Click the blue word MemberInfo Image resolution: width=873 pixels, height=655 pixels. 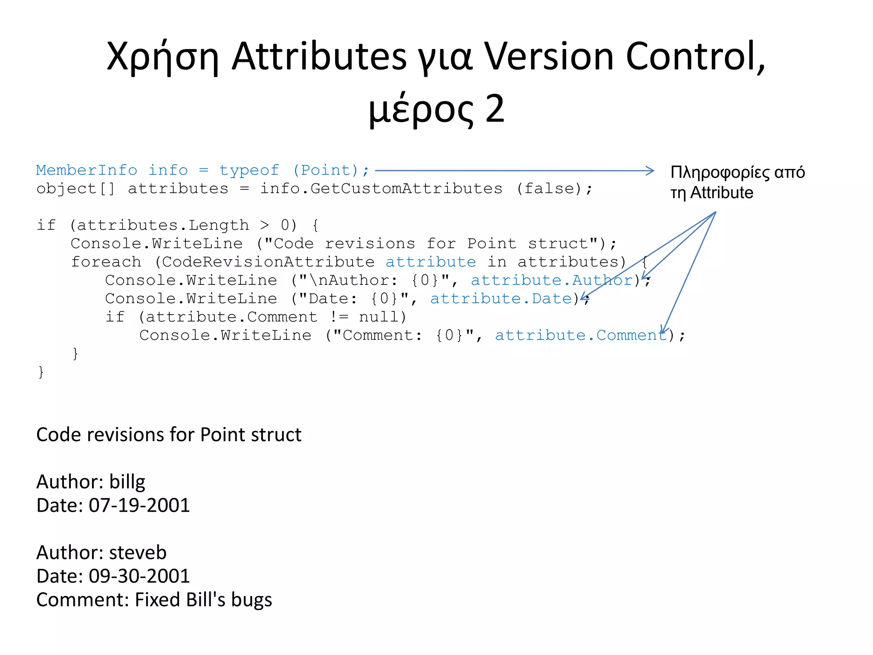[x=87, y=170]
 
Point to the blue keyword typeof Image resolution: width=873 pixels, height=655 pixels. [x=249, y=170]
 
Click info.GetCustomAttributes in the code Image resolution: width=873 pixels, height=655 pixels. [x=381, y=188]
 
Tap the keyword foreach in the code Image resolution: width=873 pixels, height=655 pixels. [x=106, y=262]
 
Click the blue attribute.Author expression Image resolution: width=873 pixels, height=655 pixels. [x=552, y=280]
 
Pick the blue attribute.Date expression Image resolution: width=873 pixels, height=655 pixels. [x=501, y=299]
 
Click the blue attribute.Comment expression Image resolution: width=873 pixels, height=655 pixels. [x=580, y=335]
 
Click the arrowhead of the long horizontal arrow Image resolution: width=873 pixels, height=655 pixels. [x=650, y=171]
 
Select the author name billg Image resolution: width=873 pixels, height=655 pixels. [x=127, y=482]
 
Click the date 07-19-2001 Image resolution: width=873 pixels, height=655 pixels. [x=139, y=505]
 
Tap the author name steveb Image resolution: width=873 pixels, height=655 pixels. [x=138, y=553]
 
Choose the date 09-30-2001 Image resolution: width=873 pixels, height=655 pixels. [x=139, y=576]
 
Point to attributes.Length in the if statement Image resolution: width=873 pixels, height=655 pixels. [x=163, y=225]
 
